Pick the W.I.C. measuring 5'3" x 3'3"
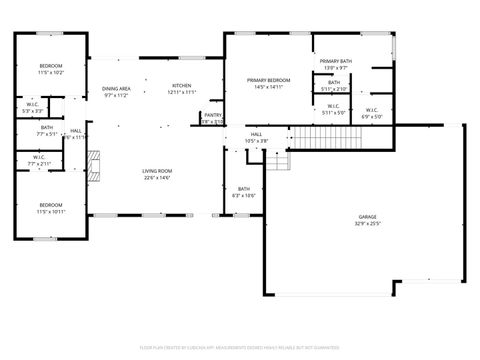[32, 107]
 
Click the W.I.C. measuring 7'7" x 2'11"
[39, 160]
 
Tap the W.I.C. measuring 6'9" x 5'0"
[370, 112]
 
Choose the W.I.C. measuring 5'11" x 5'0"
[333, 109]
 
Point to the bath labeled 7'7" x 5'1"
[47, 131]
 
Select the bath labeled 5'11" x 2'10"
[334, 85]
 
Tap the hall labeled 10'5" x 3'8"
[256, 137]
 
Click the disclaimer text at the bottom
[240, 348]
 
